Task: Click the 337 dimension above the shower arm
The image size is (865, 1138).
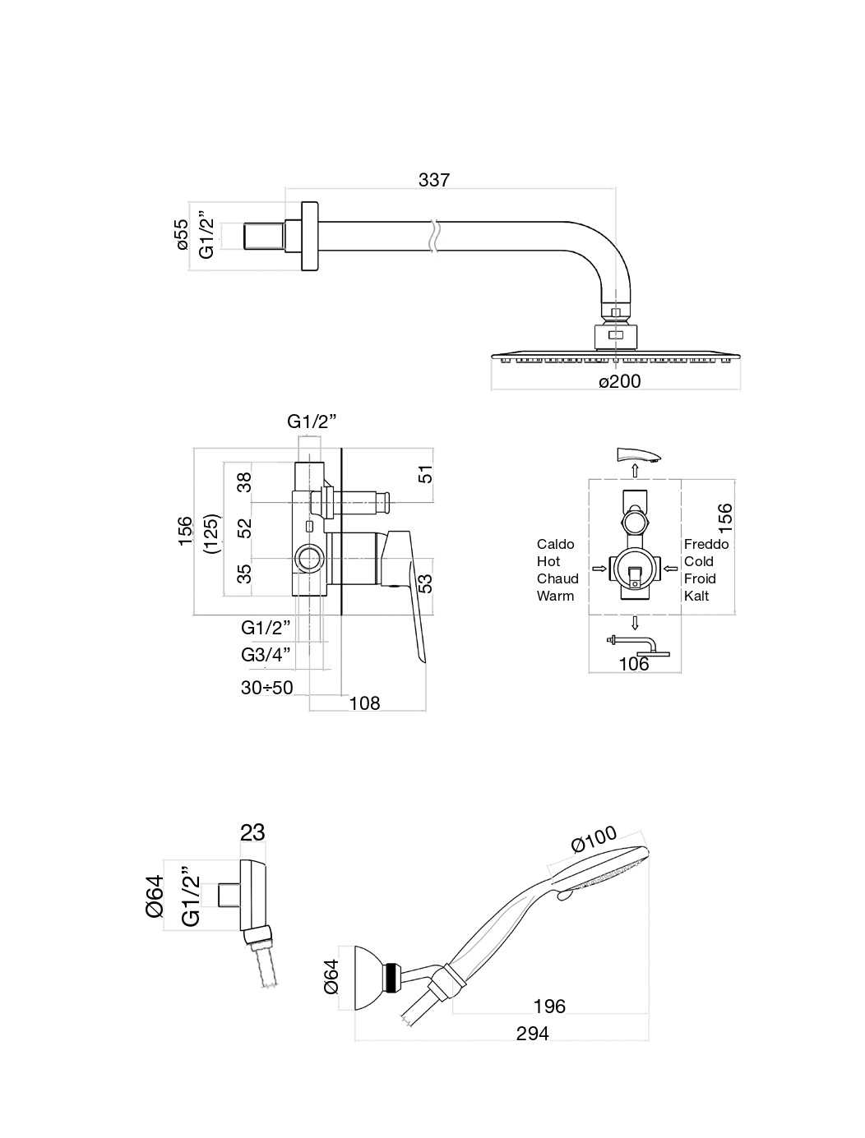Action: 434,179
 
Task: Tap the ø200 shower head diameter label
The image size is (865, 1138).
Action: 619,381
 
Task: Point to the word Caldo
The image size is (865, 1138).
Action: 556,544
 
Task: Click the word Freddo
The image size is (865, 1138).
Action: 706,544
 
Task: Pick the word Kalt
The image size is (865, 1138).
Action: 696,596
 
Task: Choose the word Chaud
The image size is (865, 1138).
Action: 557,578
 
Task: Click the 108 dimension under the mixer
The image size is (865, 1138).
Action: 364,703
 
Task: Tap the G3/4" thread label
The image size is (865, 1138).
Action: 266,655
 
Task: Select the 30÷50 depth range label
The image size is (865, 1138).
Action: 267,688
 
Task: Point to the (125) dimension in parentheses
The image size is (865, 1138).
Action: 211,534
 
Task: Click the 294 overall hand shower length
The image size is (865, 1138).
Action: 532,1033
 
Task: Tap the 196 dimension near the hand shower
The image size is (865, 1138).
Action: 549,1007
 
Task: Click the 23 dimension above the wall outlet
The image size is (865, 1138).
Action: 253,832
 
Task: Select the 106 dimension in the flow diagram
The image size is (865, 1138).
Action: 634,664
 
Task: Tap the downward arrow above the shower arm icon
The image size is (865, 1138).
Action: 635,621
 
